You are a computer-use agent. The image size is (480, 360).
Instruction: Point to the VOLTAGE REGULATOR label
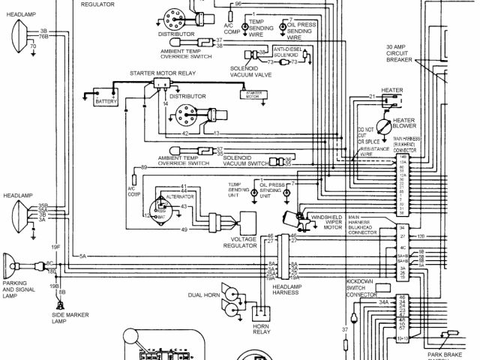pos(244,241)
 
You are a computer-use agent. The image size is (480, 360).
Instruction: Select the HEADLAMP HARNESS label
pos(286,289)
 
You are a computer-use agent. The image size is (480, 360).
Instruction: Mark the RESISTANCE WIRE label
pos(375,149)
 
